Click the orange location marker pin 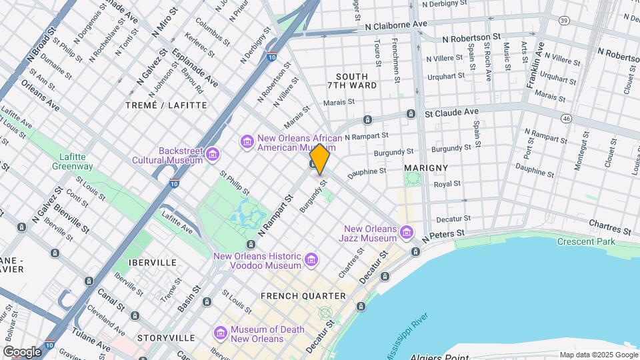point(320,159)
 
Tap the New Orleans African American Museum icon point(247,141)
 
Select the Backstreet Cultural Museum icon point(213,155)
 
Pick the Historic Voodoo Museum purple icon point(311,259)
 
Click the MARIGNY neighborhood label point(425,167)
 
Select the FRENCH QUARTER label point(303,295)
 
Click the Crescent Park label point(586,241)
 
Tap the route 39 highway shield point(564,21)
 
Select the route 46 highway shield point(566,118)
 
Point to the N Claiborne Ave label point(396,24)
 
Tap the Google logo point(22,351)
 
